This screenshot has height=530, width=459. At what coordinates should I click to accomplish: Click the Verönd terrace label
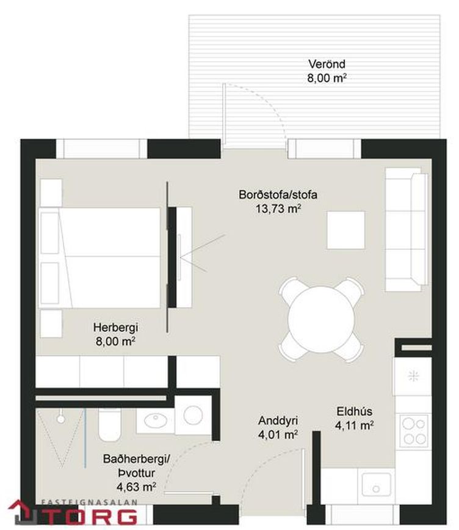(x=327, y=64)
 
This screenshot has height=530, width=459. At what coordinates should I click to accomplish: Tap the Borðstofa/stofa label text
(x=278, y=194)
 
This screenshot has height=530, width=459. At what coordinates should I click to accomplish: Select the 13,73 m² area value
(x=278, y=208)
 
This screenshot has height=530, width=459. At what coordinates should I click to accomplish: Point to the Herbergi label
(x=116, y=328)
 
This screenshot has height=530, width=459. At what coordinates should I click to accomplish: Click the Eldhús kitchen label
(x=355, y=411)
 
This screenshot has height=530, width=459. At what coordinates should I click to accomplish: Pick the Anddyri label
(x=278, y=421)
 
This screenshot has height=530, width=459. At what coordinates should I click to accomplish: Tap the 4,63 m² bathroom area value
(x=136, y=487)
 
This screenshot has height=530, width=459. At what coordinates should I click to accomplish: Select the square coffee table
(x=346, y=230)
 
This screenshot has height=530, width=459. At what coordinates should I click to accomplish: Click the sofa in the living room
(x=407, y=229)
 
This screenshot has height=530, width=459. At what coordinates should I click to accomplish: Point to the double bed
(x=99, y=258)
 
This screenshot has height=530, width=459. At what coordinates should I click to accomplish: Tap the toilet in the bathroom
(x=109, y=424)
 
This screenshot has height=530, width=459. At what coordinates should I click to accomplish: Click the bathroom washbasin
(x=156, y=420)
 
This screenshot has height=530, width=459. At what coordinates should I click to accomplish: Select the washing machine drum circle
(x=193, y=415)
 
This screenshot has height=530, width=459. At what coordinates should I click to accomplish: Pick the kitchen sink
(x=377, y=484)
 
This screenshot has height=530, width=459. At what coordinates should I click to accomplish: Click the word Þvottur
(x=137, y=473)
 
